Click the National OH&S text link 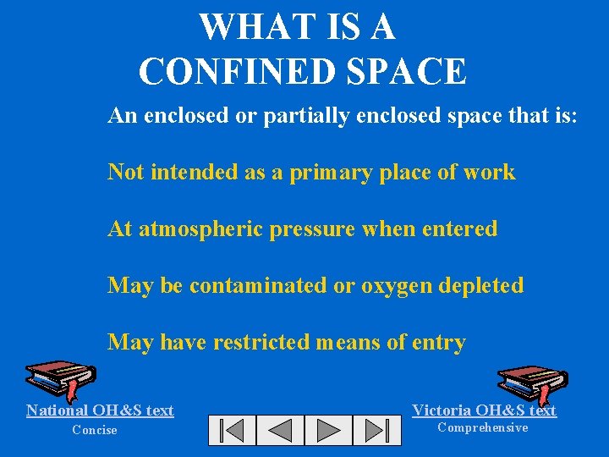pos(100,410)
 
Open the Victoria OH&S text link pos(484,410)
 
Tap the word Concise pos(95,430)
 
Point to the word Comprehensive pos(482,427)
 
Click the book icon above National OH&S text pos(60,378)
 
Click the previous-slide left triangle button pos(280,430)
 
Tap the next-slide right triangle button pos(328,430)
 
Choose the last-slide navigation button pos(376,430)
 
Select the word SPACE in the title pos(418,72)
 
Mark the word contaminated pos(259,285)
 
